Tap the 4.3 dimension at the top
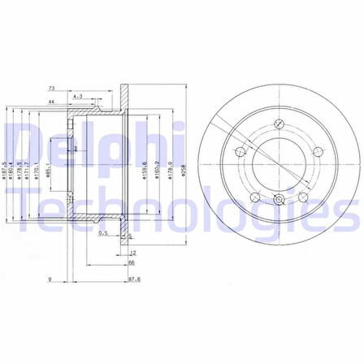[78, 97]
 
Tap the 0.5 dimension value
[103, 233]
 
